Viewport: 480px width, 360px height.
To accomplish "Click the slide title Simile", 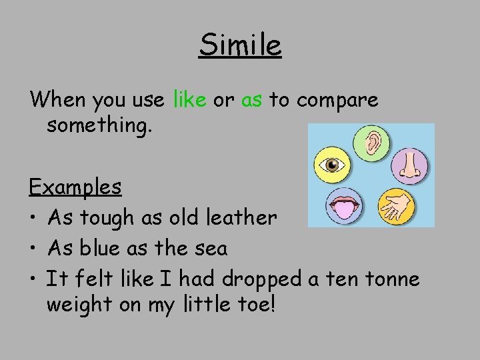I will [x=240, y=45].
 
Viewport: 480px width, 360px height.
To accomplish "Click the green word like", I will [x=189, y=101].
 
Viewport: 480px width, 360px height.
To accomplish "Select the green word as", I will [x=251, y=101].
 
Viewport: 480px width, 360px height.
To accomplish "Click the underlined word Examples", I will [x=75, y=187].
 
